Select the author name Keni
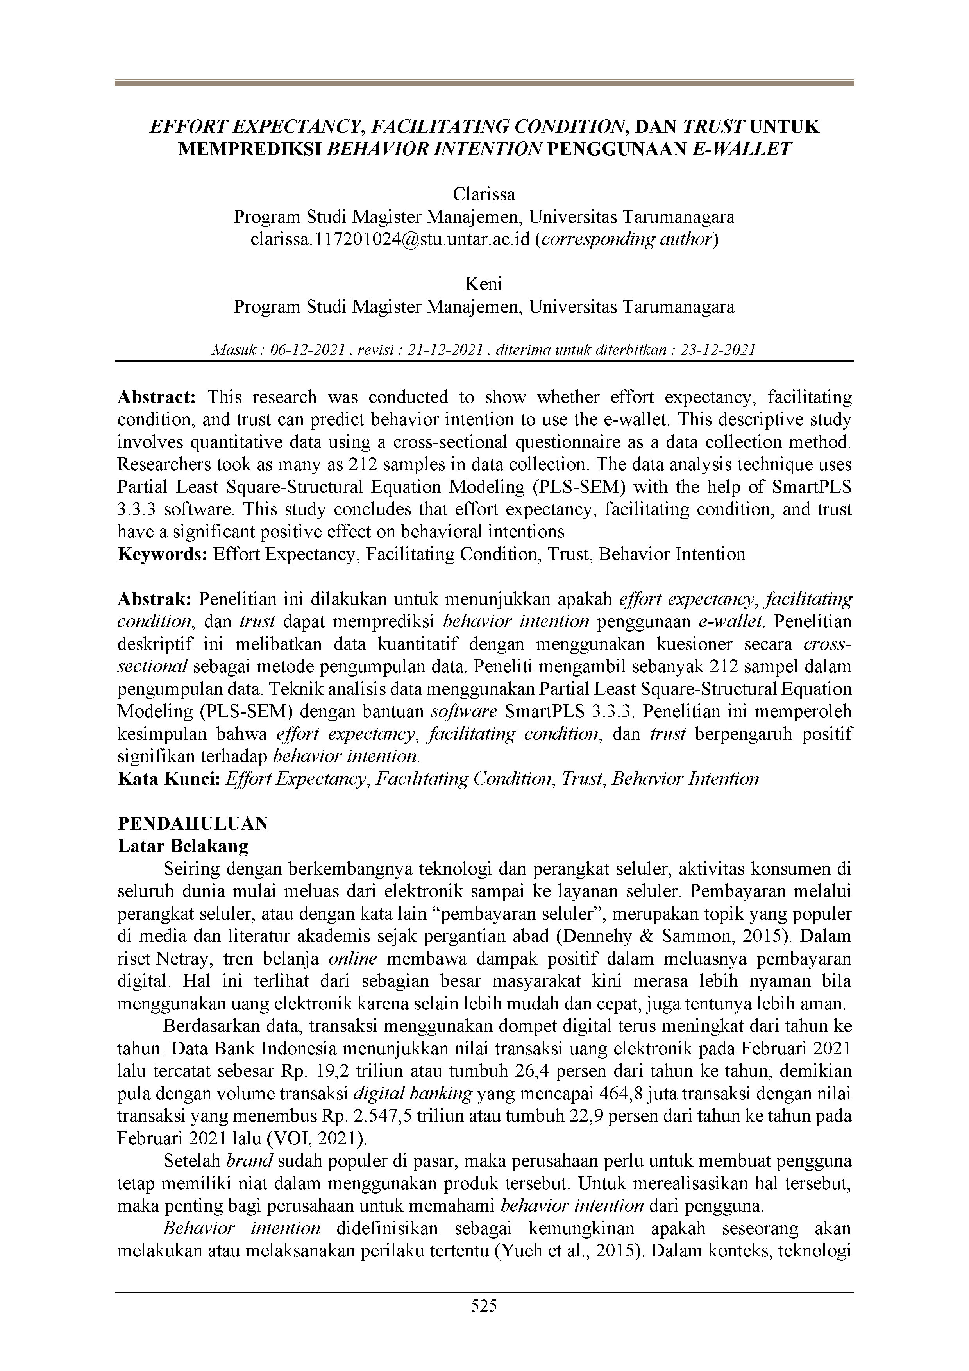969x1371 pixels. coord(484,284)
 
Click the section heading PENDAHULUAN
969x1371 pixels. coord(193,823)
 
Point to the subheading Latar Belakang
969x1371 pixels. coord(183,846)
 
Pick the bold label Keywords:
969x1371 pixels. coord(163,554)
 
